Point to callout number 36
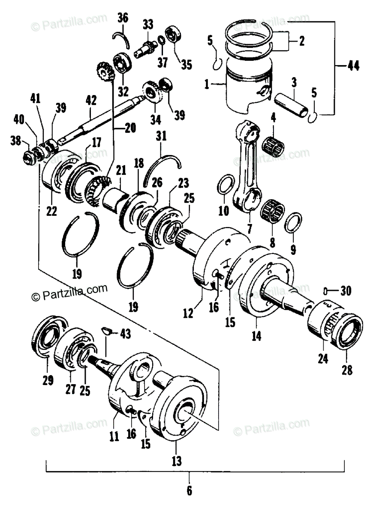[123, 19]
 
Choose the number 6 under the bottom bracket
[190, 490]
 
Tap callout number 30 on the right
[346, 291]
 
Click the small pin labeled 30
[327, 291]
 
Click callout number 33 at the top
[148, 24]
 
